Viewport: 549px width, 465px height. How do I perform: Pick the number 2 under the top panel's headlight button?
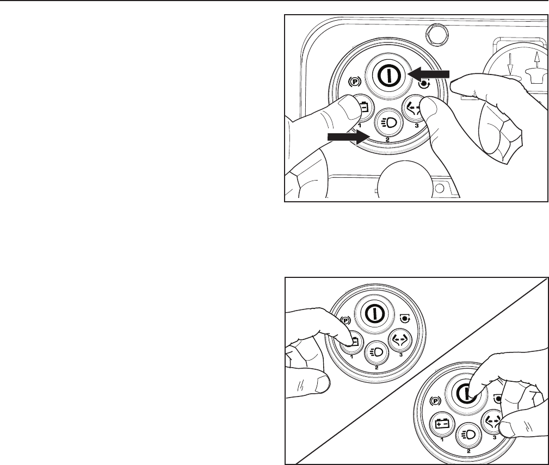387,139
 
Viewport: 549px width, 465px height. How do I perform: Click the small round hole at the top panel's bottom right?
439,187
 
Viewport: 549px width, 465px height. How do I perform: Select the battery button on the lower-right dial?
441,425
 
